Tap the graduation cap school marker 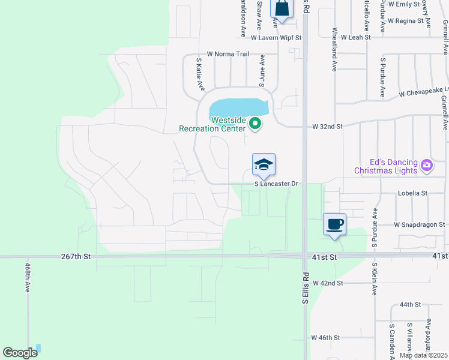pos(264,164)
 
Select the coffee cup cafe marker pos(335,224)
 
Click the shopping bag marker pos(282,8)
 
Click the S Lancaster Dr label pos(277,184)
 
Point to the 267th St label pos(75,256)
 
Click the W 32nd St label pos(327,127)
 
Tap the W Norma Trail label pos(228,54)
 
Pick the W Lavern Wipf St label pos(276,37)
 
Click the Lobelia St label pos(412,193)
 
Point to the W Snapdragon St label pos(419,224)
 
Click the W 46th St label pos(325,338)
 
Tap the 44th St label pos(411,305)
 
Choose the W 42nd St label pos(327,283)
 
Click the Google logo pos(20,353)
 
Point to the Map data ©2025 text pos(423,355)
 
